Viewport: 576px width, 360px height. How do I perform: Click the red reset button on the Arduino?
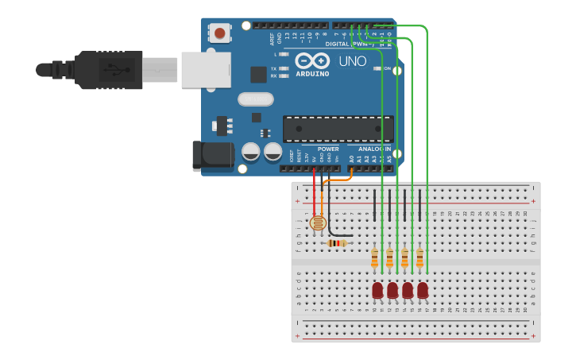point(218,33)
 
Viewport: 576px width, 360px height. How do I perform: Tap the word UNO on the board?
point(353,61)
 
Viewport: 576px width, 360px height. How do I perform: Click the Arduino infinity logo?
point(311,60)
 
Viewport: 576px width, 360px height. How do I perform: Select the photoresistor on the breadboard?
point(317,223)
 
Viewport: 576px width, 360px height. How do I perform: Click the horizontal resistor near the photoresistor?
point(338,243)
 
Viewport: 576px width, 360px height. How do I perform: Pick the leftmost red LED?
point(377,291)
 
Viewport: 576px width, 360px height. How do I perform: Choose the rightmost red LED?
point(423,291)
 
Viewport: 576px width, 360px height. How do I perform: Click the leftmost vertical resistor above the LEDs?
point(374,257)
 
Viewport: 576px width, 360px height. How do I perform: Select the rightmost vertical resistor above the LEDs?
point(419,257)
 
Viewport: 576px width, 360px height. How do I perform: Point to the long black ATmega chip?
point(338,129)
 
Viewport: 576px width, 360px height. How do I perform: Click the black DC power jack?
point(211,155)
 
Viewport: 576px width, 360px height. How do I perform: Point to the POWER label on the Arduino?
point(327,149)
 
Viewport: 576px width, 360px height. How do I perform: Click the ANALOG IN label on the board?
point(373,149)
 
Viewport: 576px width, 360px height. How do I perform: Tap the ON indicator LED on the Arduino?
point(378,69)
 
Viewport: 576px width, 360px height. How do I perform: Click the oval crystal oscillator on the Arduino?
point(255,99)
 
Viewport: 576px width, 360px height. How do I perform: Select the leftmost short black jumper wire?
point(374,205)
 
